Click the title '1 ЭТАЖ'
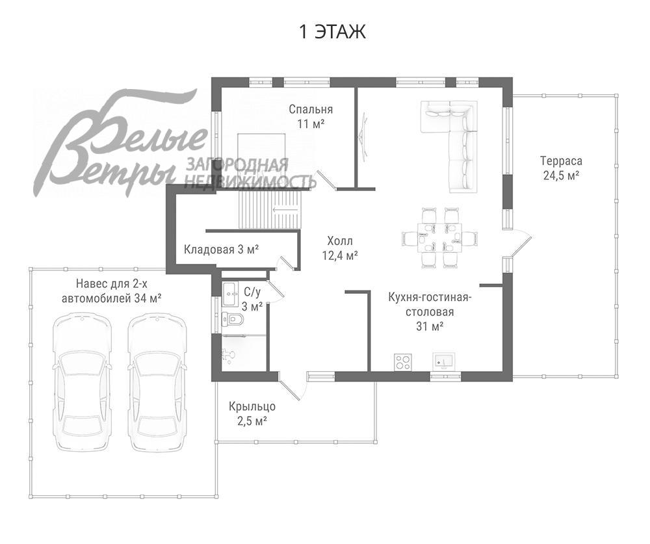click(332, 32)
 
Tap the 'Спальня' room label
click(311, 109)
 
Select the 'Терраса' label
click(561, 161)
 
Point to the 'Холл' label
click(340, 241)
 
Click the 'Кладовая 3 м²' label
click(222, 250)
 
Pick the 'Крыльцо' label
click(252, 407)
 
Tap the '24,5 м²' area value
click(561, 175)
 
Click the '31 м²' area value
click(430, 326)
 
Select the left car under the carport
click(82, 382)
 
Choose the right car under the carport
click(157, 382)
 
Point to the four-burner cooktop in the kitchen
click(402, 362)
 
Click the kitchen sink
click(444, 361)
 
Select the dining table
click(439, 238)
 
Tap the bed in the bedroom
click(261, 161)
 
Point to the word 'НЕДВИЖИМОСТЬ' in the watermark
click(250, 181)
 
